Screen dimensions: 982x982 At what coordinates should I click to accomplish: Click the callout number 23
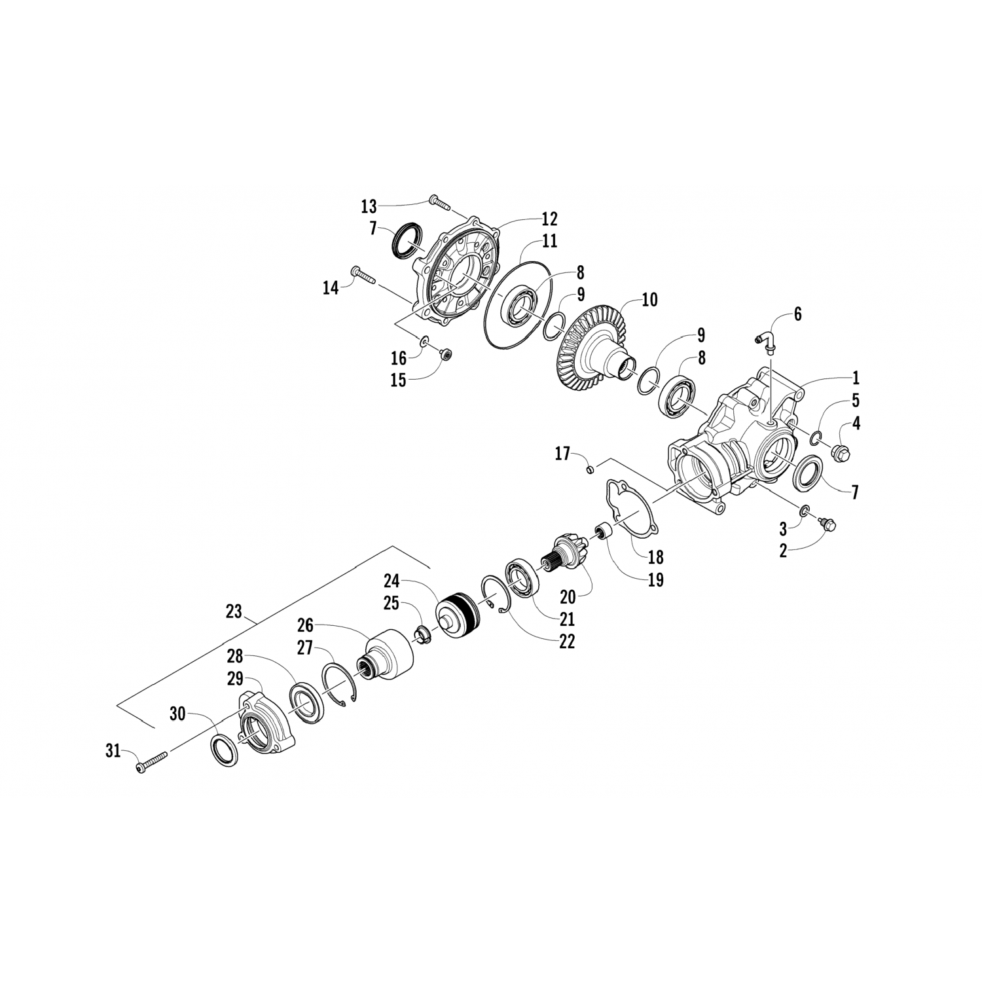pos(234,612)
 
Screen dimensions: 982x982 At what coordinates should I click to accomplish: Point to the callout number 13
pos(369,207)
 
